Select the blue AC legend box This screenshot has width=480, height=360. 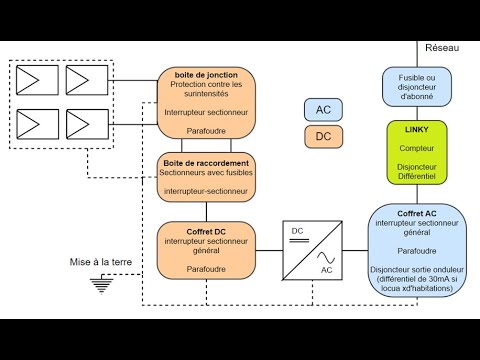pos(323,110)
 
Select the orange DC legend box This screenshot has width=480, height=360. pos(323,136)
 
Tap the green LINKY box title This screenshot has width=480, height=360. pos(417,131)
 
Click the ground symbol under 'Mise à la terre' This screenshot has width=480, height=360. pos(100,285)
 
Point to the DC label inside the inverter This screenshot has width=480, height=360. pos(297,231)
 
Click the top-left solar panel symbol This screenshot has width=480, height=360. pos(37,79)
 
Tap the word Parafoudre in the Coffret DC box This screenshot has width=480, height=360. pos(207,269)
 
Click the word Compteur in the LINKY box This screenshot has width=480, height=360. pos(417,147)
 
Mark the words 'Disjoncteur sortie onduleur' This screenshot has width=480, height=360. pos(417,269)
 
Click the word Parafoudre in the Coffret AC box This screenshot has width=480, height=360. pos(417,250)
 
